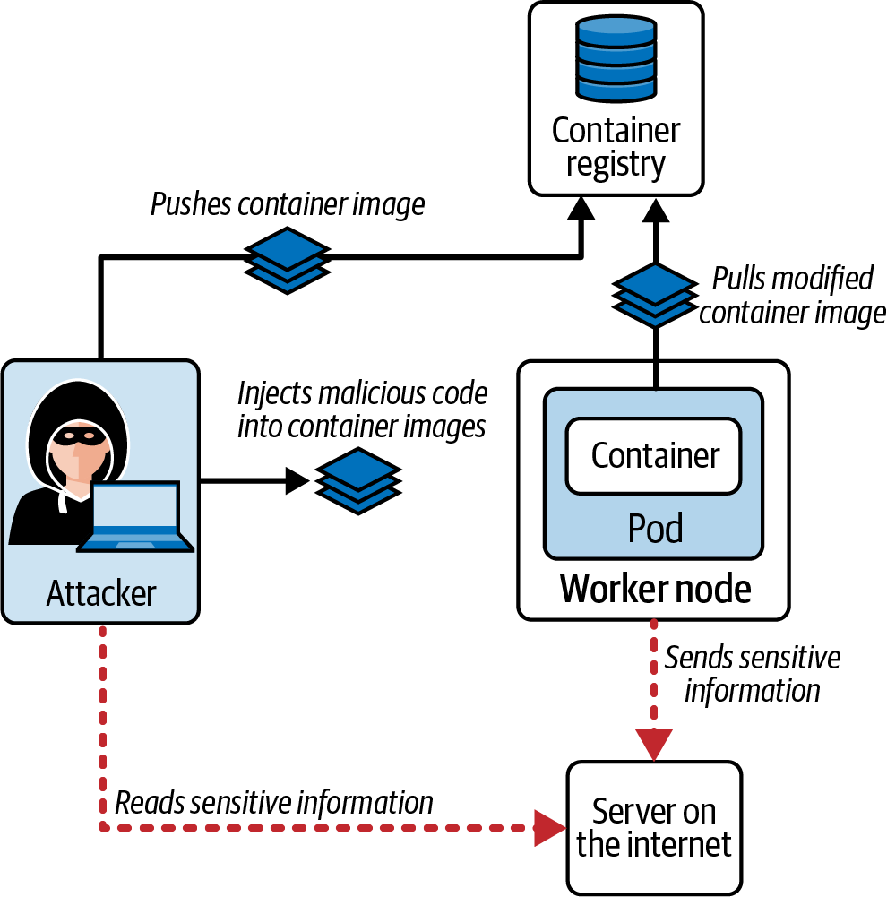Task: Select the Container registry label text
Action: [x=616, y=148]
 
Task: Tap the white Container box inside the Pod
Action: [x=655, y=456]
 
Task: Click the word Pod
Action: [x=655, y=528]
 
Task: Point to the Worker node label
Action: [x=655, y=589]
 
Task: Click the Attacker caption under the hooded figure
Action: [x=100, y=593]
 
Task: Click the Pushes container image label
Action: [x=287, y=204]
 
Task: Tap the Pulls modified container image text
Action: [x=792, y=296]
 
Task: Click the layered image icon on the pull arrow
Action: [x=655, y=296]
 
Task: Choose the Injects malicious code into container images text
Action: [x=362, y=409]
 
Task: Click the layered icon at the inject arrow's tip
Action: [x=357, y=481]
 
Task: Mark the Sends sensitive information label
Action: [x=753, y=674]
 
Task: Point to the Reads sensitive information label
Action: [x=274, y=801]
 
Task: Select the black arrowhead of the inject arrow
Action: [x=297, y=481]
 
